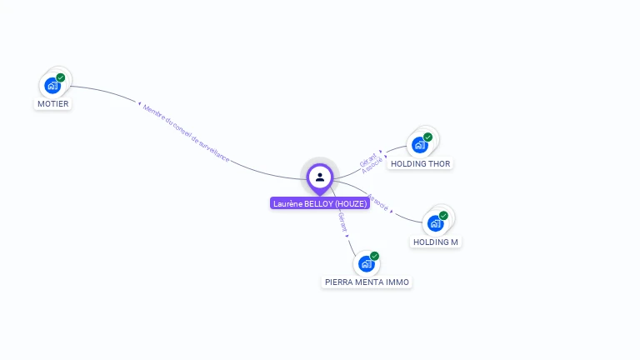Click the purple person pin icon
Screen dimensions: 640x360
pyautogui.click(x=320, y=177)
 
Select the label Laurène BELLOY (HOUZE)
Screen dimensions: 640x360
pyautogui.click(x=320, y=203)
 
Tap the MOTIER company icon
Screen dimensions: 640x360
pyautogui.click(x=52, y=85)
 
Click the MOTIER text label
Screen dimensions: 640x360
pyautogui.click(x=52, y=104)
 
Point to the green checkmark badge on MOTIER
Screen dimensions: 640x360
pyautogui.click(x=61, y=77)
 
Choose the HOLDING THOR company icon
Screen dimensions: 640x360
pyautogui.click(x=420, y=145)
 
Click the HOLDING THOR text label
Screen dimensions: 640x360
pyautogui.click(x=421, y=164)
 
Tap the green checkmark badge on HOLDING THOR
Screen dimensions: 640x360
pyautogui.click(x=427, y=137)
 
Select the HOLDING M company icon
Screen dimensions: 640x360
pyautogui.click(x=435, y=223)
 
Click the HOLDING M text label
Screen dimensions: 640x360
pyautogui.click(x=436, y=242)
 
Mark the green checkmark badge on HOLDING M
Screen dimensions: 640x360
pyautogui.click(x=443, y=216)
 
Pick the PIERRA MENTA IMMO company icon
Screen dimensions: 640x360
pyautogui.click(x=366, y=263)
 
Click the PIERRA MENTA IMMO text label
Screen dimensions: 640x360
pyautogui.click(x=367, y=282)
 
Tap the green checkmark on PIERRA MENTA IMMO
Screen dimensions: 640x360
pyautogui.click(x=374, y=256)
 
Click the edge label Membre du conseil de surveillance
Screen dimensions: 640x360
pyautogui.click(x=185, y=132)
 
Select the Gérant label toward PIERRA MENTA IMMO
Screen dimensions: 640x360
pyautogui.click(x=342, y=222)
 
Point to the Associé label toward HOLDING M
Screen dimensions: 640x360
pyautogui.click(x=378, y=202)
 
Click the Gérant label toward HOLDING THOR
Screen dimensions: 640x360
pyautogui.click(x=367, y=157)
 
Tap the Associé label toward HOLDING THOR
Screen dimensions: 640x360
pyautogui.click(x=372, y=164)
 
